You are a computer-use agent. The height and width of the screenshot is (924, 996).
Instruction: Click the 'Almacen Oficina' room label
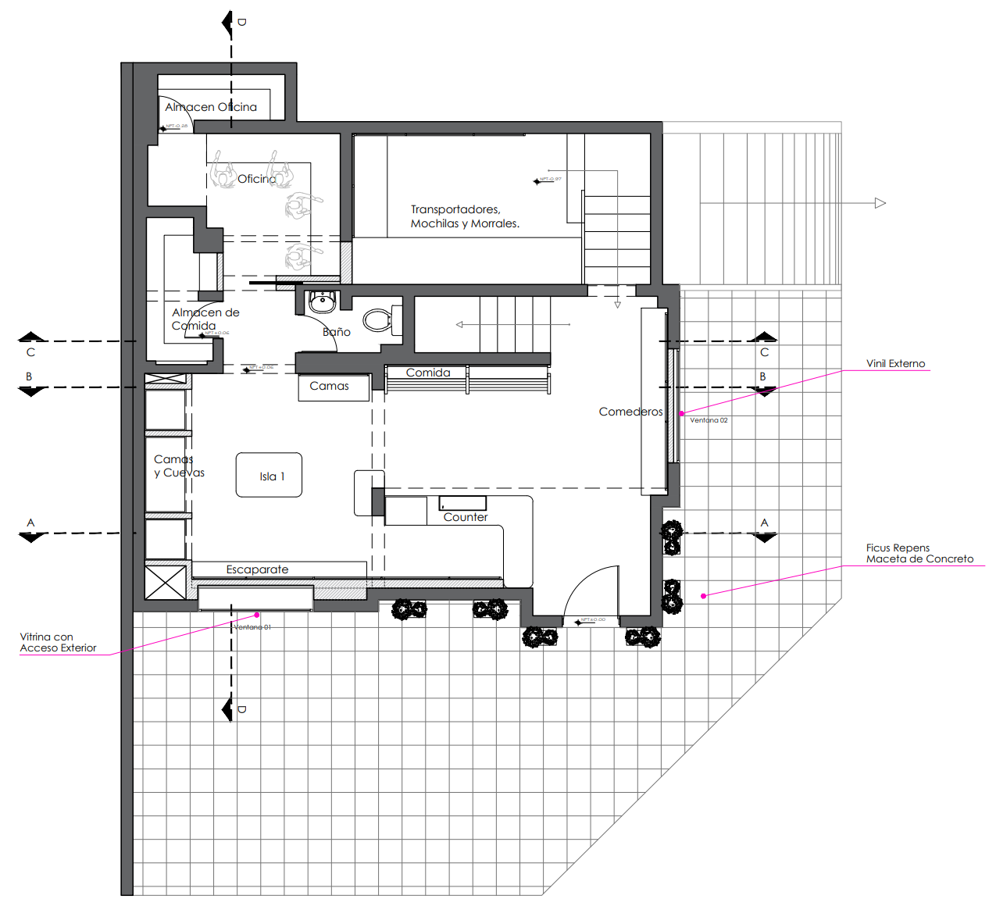[x=211, y=107]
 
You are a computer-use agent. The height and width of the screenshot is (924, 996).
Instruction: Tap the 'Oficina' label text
[x=256, y=179]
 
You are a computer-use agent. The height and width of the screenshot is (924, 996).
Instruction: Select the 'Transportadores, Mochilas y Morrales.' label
[x=465, y=216]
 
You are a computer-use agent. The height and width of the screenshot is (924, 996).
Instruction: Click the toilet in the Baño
[x=378, y=319]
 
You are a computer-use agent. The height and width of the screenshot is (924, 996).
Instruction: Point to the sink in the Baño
[x=322, y=300]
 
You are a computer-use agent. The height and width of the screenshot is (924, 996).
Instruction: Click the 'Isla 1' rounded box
[x=270, y=475]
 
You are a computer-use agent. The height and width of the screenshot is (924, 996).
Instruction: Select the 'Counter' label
[x=466, y=517]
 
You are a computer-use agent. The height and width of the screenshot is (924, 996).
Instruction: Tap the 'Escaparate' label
[x=257, y=569]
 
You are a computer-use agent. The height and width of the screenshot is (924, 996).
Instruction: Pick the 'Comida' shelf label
[x=428, y=373]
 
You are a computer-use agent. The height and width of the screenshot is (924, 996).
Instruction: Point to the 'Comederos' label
[x=630, y=412]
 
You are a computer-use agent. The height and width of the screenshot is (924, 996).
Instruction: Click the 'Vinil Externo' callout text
[x=895, y=363]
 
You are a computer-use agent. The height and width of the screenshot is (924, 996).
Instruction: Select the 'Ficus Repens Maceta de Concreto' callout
[x=919, y=553]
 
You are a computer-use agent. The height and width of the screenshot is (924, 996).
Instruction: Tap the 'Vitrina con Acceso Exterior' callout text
[x=59, y=642]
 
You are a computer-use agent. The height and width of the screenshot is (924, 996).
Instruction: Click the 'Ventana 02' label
[x=709, y=420]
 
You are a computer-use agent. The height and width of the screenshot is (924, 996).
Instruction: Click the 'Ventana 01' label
[x=252, y=627]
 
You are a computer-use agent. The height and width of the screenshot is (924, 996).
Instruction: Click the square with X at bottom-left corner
[x=166, y=583]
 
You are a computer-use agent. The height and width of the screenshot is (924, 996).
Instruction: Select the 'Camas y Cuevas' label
[x=179, y=466]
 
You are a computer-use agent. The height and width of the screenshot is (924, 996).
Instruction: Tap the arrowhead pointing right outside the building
[x=880, y=203]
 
